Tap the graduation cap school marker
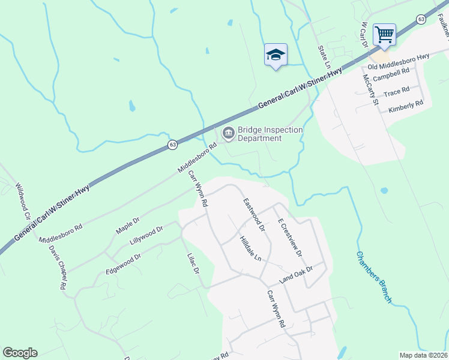pyautogui.click(x=276, y=55)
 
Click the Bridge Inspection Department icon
pyautogui.click(x=228, y=133)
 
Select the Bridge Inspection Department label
pyautogui.click(x=270, y=134)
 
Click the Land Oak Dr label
pyautogui.click(x=297, y=275)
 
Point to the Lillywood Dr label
pyautogui.click(x=146, y=238)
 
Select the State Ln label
pyautogui.click(x=325, y=56)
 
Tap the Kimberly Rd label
pyautogui.click(x=406, y=103)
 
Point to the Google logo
pyautogui.click(x=20, y=353)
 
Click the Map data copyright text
pyautogui.click(x=423, y=355)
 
